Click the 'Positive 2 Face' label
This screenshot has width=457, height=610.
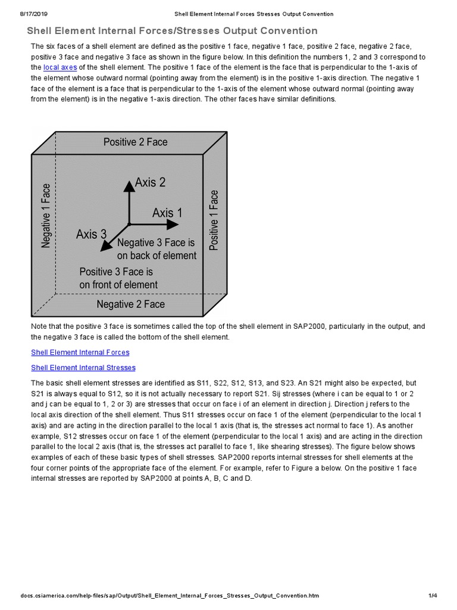click(x=135, y=142)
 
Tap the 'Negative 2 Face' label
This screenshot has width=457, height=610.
click(x=130, y=304)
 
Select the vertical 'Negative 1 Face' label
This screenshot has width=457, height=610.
click(x=46, y=215)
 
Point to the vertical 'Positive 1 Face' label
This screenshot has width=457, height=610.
click(x=214, y=220)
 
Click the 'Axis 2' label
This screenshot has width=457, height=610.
click(x=150, y=182)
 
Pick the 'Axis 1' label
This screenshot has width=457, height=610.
click(x=167, y=213)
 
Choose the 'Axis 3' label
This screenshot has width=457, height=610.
click(x=92, y=234)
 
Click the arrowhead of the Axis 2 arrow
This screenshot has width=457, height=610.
click(x=128, y=185)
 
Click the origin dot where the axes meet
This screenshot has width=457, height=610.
click(x=129, y=225)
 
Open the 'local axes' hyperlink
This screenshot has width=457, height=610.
click(x=60, y=67)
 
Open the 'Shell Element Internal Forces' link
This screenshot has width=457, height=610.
click(x=80, y=353)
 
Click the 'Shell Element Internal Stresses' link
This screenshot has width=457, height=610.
click(x=83, y=368)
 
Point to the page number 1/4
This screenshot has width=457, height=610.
click(x=433, y=596)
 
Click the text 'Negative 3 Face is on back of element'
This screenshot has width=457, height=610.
click(x=156, y=249)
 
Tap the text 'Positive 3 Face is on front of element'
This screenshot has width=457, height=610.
click(x=118, y=278)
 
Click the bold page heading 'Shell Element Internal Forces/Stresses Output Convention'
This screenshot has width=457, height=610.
click(x=172, y=31)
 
